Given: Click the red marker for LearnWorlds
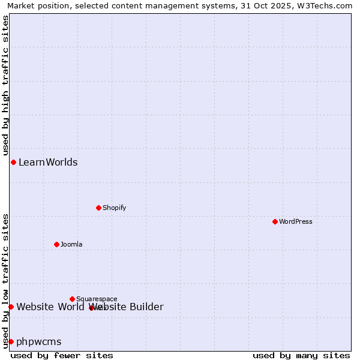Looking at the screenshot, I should click(x=13, y=162).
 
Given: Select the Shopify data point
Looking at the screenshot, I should click(x=98, y=208).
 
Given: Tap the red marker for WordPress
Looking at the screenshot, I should click(x=275, y=221).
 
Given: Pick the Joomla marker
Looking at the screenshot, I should click(x=56, y=244).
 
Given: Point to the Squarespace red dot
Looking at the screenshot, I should click(x=72, y=299).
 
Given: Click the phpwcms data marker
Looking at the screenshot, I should click(x=11, y=341).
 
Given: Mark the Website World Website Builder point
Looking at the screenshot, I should click(x=11, y=307).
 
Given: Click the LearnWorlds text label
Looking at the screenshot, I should click(x=48, y=162).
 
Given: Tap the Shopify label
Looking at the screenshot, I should click(x=114, y=208).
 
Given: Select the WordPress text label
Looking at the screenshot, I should click(x=295, y=221).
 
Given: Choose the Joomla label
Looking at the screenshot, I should click(x=71, y=244).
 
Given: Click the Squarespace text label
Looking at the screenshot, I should click(x=97, y=299).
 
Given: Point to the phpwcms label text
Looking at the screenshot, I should click(x=39, y=341).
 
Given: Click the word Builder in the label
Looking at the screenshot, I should click(x=146, y=307).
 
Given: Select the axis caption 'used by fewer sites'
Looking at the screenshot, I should click(x=62, y=355).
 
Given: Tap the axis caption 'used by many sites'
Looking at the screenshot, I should click(x=301, y=355).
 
